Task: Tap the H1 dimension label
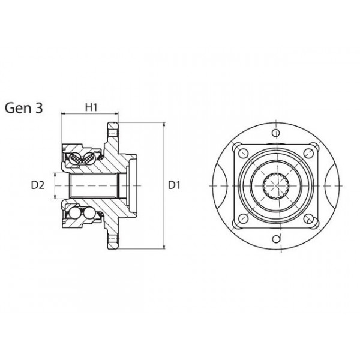pos(91,107)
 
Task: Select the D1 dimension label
pos(174,185)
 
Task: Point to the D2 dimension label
pos(37,185)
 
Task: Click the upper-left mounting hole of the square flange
pos(242,153)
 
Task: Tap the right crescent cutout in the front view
pos(334,185)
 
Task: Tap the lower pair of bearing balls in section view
pos(80,213)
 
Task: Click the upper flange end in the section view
pos(112,130)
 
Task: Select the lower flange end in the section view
pos(112,242)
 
